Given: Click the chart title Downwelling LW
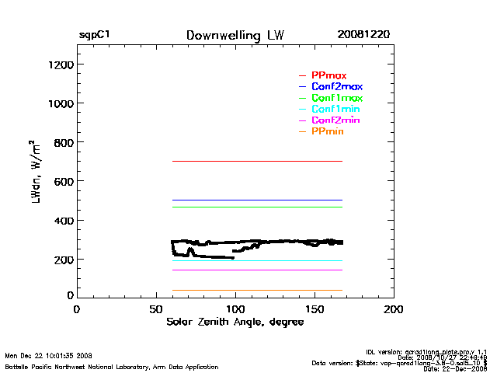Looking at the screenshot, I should click(235, 36).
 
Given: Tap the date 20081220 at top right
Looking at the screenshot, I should click(363, 36).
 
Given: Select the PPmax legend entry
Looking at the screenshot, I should click(328, 75).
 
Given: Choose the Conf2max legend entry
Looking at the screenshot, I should click(336, 87).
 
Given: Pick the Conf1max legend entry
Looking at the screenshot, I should click(336, 99).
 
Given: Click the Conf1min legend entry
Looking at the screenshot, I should click(335, 110).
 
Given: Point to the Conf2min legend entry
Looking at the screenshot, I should click(335, 121).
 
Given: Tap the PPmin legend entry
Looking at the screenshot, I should click(327, 132).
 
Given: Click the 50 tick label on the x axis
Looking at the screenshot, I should click(155, 309).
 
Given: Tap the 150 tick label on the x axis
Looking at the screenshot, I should click(315, 309).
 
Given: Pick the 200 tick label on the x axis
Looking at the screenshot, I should click(394, 309).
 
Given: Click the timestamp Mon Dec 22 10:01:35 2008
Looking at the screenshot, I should click(49, 357).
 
